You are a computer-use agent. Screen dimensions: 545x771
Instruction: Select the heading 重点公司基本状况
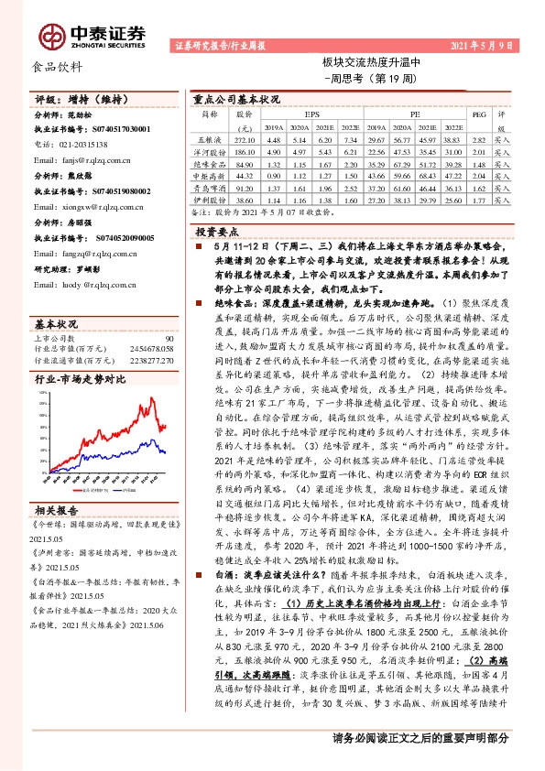[x=235, y=98]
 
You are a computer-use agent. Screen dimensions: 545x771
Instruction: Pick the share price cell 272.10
[x=244, y=139]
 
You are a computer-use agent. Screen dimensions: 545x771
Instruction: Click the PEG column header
[x=477, y=116]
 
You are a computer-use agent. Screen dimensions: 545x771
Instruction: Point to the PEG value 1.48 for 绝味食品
[x=477, y=163]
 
